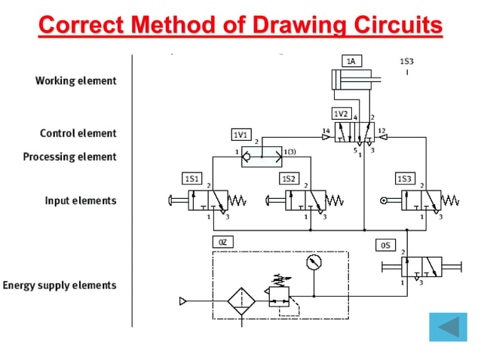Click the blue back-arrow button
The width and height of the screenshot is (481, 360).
click(x=448, y=327)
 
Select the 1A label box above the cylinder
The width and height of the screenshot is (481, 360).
click(x=351, y=59)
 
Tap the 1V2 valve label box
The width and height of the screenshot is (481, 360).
click(x=342, y=114)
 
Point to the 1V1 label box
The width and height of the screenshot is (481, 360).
click(x=240, y=134)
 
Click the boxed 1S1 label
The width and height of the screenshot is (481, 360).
click(x=191, y=179)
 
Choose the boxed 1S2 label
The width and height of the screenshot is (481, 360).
click(x=289, y=179)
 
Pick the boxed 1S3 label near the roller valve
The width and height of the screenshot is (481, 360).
click(x=405, y=179)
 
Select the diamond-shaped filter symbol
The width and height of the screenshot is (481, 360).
click(x=243, y=301)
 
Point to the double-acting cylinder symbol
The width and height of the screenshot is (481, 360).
click(x=351, y=82)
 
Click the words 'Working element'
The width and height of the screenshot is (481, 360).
click(x=75, y=81)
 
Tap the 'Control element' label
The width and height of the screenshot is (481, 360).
click(x=78, y=133)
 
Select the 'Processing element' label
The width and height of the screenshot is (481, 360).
click(x=70, y=157)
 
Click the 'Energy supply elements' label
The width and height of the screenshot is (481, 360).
click(x=60, y=285)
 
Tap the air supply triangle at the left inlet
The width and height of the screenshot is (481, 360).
click(x=182, y=301)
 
